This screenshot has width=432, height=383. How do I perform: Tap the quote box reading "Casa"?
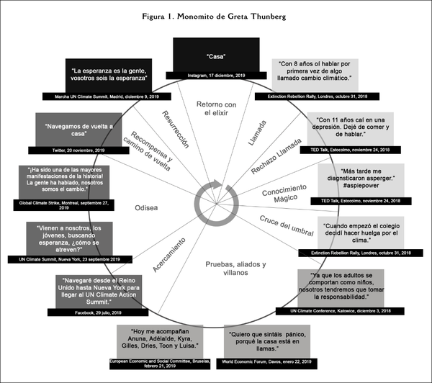pos(215,55)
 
